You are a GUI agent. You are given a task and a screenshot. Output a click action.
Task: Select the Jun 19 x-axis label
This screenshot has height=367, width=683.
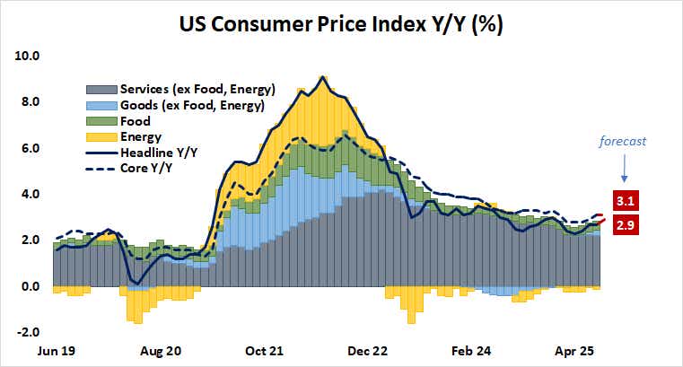[57, 352]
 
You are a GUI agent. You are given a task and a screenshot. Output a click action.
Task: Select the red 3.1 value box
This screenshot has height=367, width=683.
[625, 200]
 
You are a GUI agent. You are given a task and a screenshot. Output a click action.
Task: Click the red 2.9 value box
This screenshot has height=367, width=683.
[625, 227]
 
